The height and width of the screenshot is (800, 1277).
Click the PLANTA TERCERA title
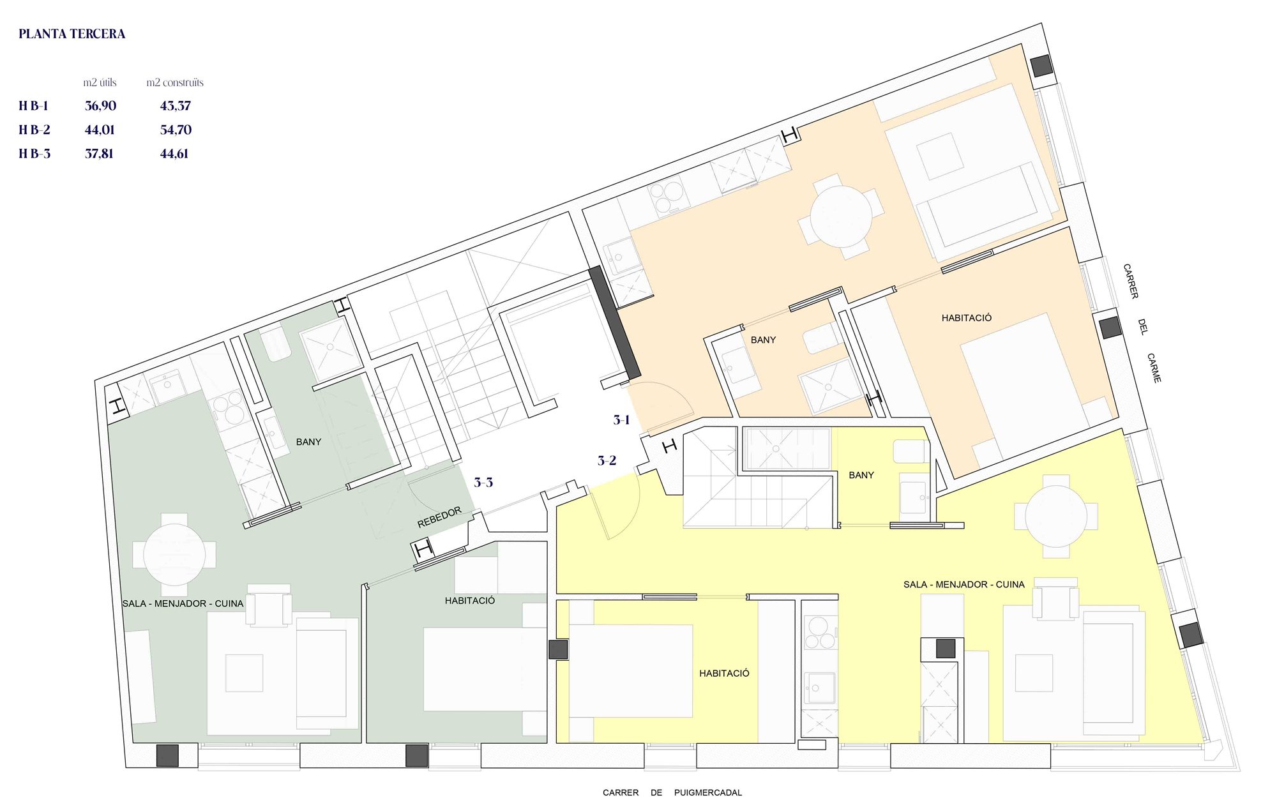[x=72, y=34]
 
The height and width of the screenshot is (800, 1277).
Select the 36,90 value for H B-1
[x=100, y=106]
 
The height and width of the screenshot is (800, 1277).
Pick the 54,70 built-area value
[x=176, y=130]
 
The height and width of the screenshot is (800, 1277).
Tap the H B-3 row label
[x=34, y=153]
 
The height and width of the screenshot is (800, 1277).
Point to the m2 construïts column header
[x=175, y=82]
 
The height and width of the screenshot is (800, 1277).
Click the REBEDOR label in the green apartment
[x=439, y=517]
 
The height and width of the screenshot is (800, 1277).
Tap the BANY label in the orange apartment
[x=763, y=340]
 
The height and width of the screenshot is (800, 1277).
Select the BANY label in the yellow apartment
[x=861, y=475]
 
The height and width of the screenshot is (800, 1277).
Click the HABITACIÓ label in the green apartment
[x=470, y=600]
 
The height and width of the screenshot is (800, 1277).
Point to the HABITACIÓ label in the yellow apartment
[x=724, y=673]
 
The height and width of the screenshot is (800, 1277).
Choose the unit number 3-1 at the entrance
[x=622, y=419]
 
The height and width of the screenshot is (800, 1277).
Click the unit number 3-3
[x=483, y=482]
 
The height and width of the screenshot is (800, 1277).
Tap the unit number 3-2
[x=607, y=460]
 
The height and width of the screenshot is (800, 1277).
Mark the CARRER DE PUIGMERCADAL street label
[x=672, y=792]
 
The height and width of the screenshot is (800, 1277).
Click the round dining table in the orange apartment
[x=841, y=216]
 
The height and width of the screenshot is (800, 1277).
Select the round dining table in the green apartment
[x=174, y=554]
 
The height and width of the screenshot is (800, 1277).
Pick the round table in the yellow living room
[x=1056, y=516]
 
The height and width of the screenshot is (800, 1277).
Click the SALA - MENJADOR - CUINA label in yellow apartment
[x=963, y=584]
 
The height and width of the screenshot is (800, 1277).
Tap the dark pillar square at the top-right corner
[x=1041, y=65]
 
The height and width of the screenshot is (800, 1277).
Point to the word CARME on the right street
[x=1154, y=368]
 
